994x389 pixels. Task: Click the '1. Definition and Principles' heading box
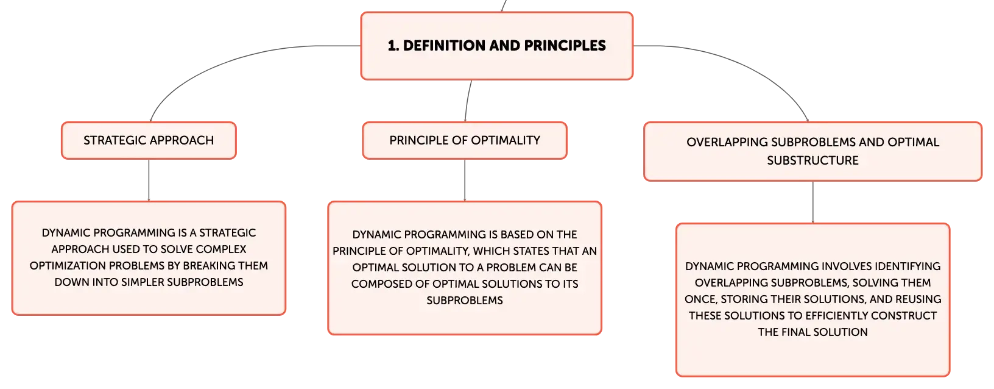(496, 46)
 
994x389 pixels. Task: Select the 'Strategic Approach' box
(149, 140)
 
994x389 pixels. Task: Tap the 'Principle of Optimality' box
(465, 140)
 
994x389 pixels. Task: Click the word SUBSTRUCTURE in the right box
(812, 160)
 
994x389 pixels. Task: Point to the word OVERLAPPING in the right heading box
(727, 142)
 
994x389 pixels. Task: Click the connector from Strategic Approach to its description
(149, 180)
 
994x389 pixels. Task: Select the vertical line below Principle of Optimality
(465, 180)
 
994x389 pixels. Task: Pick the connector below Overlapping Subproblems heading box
(813, 202)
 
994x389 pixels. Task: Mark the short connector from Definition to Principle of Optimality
(467, 101)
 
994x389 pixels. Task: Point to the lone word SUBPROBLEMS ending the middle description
(465, 301)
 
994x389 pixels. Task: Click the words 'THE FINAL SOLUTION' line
(812, 332)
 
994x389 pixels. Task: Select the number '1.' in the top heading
(393, 46)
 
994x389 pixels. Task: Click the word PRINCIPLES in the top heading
(565, 46)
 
